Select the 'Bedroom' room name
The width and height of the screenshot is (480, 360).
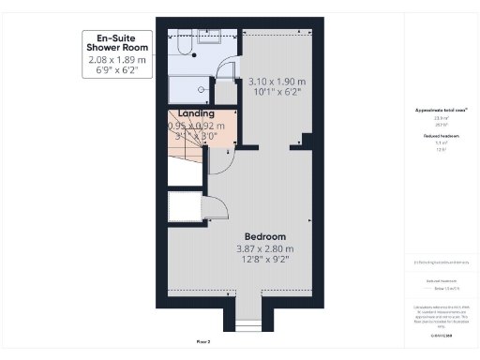point(265,236)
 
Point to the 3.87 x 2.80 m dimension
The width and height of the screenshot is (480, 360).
point(265,249)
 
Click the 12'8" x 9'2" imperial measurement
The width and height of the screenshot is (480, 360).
point(265,262)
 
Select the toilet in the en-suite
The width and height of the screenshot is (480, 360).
point(183,46)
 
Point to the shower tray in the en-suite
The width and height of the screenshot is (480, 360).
point(188,89)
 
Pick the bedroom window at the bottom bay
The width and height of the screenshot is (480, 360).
point(249,324)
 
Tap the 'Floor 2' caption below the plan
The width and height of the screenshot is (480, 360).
point(203,342)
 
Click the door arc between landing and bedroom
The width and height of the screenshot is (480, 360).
point(221,161)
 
